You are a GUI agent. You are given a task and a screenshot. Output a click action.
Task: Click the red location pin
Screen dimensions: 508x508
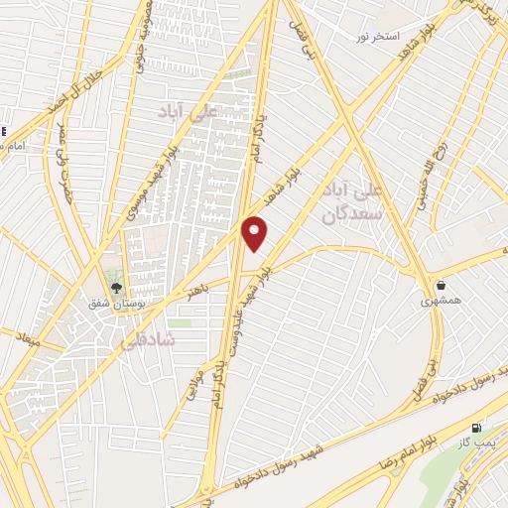click(255, 232)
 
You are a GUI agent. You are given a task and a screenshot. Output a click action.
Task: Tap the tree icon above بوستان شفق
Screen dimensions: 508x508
click(116, 288)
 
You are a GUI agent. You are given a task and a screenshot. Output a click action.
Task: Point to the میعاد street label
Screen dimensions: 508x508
click(25, 338)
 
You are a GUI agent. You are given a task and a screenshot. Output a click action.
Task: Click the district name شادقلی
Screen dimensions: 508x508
click(147, 340)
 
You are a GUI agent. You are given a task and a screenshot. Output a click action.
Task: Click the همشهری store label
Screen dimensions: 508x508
click(439, 300)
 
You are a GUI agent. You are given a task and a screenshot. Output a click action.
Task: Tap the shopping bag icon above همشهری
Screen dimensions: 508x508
click(441, 285)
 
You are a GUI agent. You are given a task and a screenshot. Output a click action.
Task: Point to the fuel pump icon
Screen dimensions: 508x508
click(475, 428)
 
